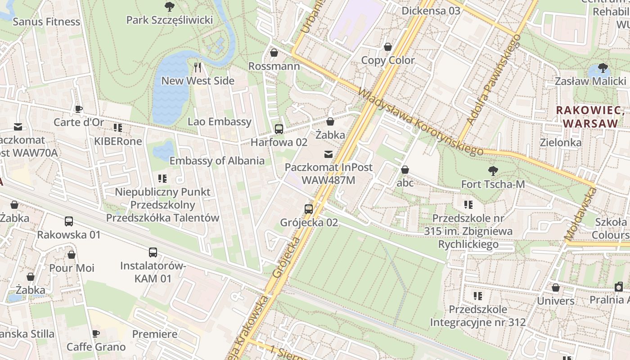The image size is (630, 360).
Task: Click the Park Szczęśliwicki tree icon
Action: [x=170, y=6]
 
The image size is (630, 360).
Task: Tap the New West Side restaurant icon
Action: [x=198, y=67]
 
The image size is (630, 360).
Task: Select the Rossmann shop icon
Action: [x=274, y=53]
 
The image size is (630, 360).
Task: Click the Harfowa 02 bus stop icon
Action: [x=279, y=129]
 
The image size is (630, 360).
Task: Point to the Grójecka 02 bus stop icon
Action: [x=309, y=209]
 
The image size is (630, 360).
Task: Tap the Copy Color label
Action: [x=388, y=60]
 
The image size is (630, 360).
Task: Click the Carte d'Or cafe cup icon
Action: [x=79, y=109]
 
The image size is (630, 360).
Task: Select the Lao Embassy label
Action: [x=220, y=121]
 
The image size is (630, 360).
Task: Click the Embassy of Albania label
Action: [x=217, y=161]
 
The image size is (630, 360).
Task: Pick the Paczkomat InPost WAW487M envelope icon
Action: [x=328, y=154]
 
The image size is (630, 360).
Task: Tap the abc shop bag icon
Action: [x=405, y=170]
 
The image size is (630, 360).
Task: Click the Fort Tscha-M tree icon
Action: [x=493, y=171]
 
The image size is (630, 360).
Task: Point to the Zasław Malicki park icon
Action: [x=603, y=68]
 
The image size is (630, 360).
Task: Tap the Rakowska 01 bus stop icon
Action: [x=69, y=221]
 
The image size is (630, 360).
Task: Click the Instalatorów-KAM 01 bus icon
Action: [x=153, y=252]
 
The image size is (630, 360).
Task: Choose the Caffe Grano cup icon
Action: [x=96, y=333]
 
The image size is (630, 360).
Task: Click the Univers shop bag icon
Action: [x=556, y=288]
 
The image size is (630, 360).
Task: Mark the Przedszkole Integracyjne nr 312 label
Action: [x=478, y=316]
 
